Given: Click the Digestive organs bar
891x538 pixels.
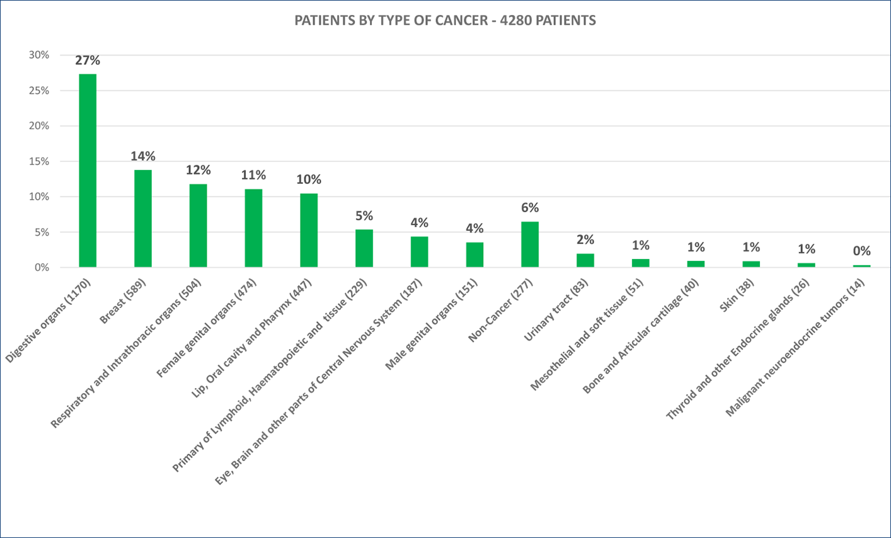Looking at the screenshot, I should [x=88, y=171].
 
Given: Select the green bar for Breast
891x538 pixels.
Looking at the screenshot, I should [x=143, y=219].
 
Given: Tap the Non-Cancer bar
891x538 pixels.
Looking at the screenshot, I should [x=530, y=244].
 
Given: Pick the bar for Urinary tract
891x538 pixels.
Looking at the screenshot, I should [x=585, y=260].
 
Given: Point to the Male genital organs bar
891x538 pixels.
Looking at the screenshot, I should [x=474, y=255].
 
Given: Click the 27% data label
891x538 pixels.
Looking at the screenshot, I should [x=88, y=60].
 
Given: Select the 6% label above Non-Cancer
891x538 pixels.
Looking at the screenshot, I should [x=530, y=208].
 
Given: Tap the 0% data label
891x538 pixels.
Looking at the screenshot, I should [x=861, y=251].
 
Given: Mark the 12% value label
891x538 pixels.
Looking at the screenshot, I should [x=198, y=170].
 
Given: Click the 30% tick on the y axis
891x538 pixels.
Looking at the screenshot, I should [x=38, y=55].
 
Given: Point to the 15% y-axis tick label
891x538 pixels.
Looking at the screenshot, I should [x=38, y=161].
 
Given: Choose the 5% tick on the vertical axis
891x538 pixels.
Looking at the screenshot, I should [x=42, y=232].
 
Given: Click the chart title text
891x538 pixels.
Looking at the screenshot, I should [x=445, y=21].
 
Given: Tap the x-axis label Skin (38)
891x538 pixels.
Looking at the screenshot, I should [x=739, y=295].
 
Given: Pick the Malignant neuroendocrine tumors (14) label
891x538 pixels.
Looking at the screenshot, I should [x=795, y=348].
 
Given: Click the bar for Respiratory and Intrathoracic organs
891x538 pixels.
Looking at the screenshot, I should [x=198, y=226].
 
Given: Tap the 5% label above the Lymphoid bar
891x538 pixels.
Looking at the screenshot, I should [x=364, y=216].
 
